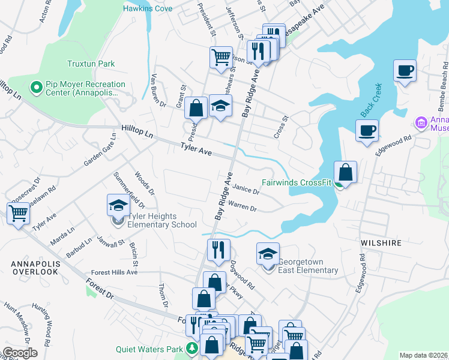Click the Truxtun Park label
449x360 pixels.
click(x=90, y=64)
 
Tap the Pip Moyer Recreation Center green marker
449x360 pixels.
click(x=36, y=88)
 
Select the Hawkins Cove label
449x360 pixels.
click(x=148, y=8)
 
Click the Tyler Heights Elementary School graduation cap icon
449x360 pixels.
click(x=118, y=206)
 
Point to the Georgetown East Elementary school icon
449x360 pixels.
click(x=268, y=254)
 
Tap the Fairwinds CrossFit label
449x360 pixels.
click(x=297, y=184)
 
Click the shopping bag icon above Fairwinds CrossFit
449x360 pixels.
click(x=346, y=173)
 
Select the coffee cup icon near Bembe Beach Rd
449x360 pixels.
click(x=405, y=71)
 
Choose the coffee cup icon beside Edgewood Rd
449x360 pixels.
click(x=367, y=130)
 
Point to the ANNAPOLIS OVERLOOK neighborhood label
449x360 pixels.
click(x=34, y=268)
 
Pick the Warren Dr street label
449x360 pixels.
click(x=243, y=208)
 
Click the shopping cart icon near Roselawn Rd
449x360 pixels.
click(x=18, y=213)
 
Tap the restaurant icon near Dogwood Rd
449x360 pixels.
click(x=218, y=250)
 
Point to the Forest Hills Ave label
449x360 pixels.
click(x=115, y=272)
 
